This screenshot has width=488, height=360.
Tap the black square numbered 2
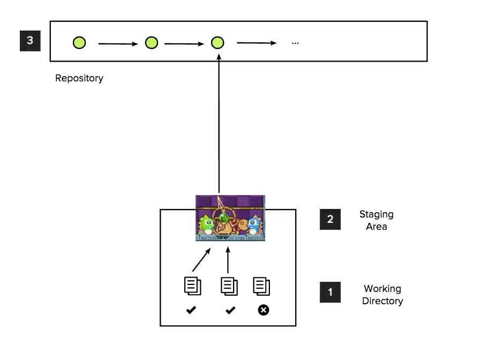coord(330,219)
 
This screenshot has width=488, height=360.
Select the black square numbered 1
coord(330,292)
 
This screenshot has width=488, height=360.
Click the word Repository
coord(79,78)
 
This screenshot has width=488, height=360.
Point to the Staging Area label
coord(376,220)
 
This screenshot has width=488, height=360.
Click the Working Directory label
coord(382,295)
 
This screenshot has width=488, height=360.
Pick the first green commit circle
coord(79,43)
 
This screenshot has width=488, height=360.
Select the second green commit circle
coord(152,43)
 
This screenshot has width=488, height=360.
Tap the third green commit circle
coord(217,43)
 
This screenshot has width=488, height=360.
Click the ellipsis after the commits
coord(295,43)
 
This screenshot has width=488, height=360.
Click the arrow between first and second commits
coord(118,44)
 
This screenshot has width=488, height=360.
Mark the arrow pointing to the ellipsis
coord(257,43)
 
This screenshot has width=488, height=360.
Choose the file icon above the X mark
coord(261,286)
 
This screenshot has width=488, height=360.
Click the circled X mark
coord(263,310)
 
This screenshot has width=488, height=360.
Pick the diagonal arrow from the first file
coord(201,259)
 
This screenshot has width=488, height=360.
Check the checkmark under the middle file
coord(230,310)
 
